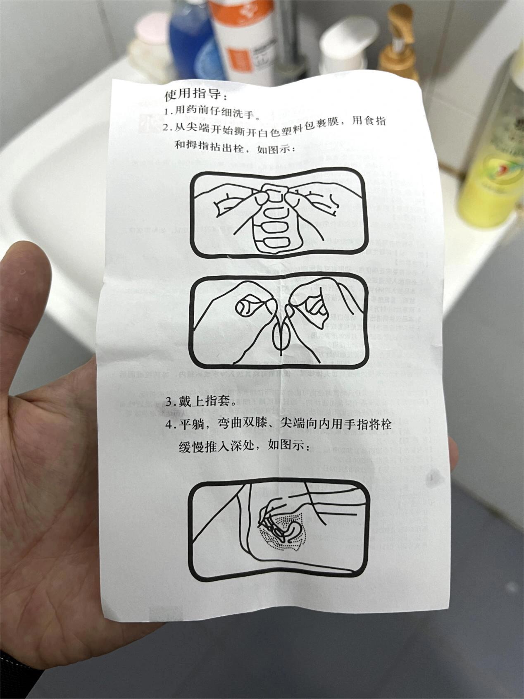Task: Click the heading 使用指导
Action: click(195, 95)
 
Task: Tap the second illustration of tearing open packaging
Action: click(279, 321)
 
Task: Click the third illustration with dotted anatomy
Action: click(279, 530)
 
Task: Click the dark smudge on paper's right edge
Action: click(432, 477)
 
